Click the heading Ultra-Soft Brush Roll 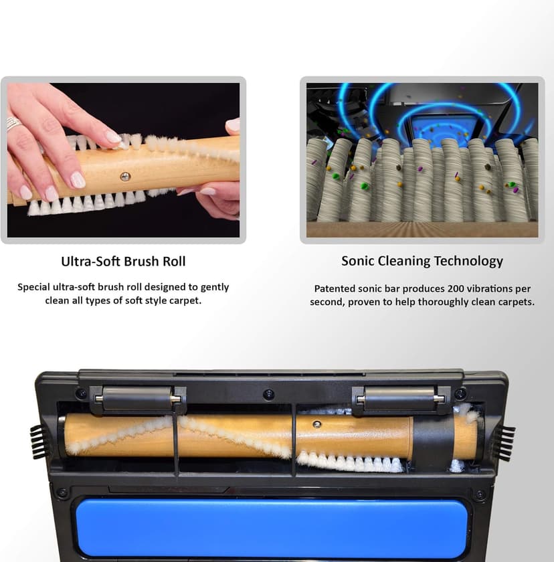(122, 261)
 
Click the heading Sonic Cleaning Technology (422, 261)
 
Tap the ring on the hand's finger (12, 124)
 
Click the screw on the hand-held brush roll (125, 176)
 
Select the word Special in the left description (37, 287)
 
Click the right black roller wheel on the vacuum (399, 399)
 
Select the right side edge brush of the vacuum (505, 442)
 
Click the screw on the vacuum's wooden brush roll (317, 424)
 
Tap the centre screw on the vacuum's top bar (268, 394)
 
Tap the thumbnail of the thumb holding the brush (233, 124)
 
